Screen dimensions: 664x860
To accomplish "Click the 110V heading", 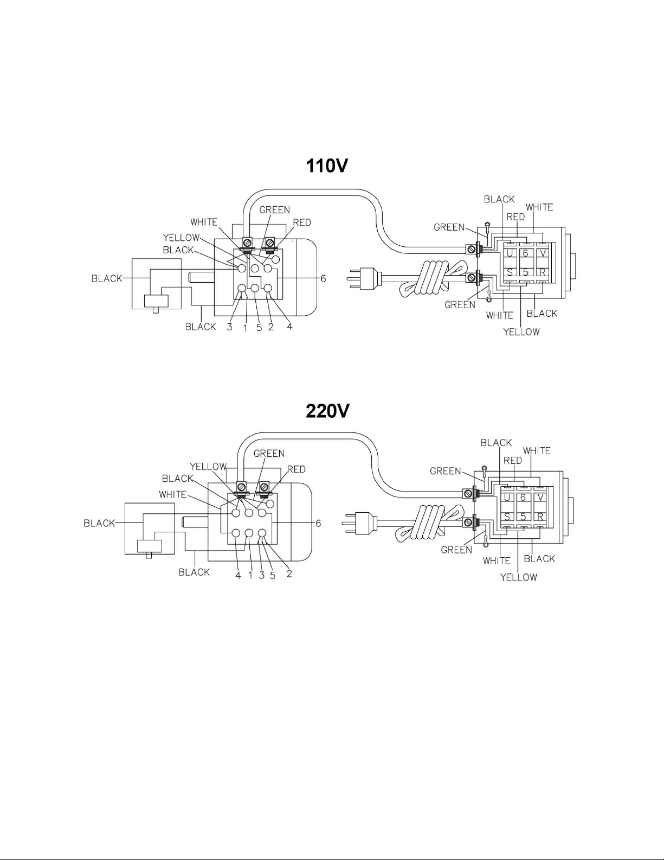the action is [x=327, y=166].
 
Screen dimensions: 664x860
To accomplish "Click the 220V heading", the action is [x=327, y=411].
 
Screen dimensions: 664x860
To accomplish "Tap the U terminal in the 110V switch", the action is [x=510, y=253].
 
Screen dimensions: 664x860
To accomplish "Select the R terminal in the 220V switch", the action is [x=540, y=517].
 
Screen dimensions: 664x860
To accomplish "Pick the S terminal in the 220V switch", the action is [x=507, y=517].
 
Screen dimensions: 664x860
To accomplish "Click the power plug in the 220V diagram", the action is [x=360, y=523].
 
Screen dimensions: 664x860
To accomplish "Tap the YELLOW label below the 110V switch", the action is [x=521, y=332].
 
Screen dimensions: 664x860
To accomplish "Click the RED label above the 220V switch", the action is [x=513, y=461].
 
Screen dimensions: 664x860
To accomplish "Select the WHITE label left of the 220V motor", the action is [x=173, y=494].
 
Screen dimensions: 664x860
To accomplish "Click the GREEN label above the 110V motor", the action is [x=275, y=210].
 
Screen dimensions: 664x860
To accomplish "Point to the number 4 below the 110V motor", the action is [x=289, y=327].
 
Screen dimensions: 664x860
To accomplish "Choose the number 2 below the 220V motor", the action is [x=289, y=574].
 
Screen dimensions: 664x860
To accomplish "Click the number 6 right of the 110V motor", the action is [x=323, y=279].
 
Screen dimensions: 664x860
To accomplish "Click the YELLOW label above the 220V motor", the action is [x=208, y=467].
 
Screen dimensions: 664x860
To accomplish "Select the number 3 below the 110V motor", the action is [x=230, y=327].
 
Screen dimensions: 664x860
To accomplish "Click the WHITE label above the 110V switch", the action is [x=539, y=207].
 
